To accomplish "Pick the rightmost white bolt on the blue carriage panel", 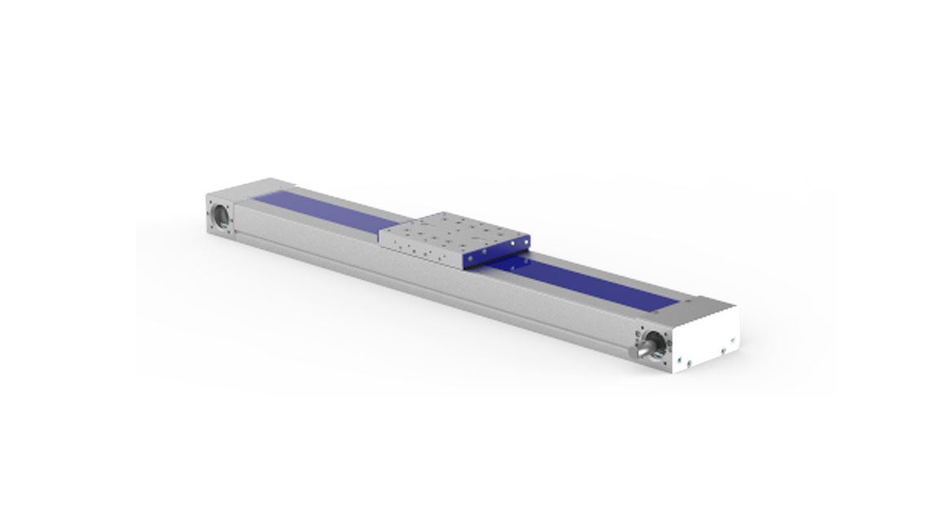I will (525, 242).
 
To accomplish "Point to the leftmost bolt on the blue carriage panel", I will (471, 262).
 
